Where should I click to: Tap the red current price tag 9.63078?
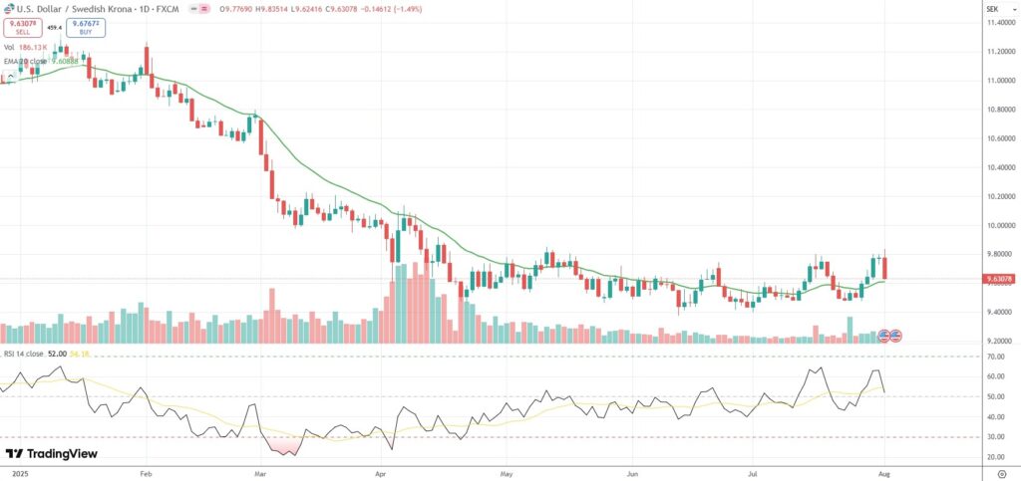point(999,280)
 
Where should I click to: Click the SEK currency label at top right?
point(992,7)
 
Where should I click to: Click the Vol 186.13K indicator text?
point(29,47)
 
